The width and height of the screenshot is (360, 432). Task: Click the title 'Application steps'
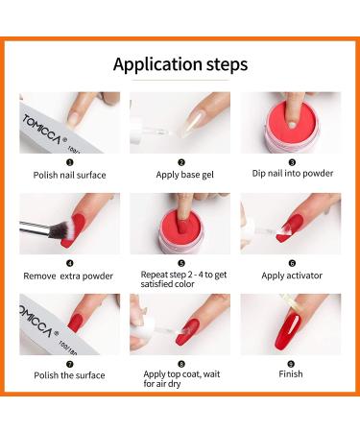(x=180, y=64)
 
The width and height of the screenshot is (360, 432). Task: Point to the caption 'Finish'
(x=291, y=375)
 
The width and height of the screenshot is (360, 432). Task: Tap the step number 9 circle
(x=291, y=363)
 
